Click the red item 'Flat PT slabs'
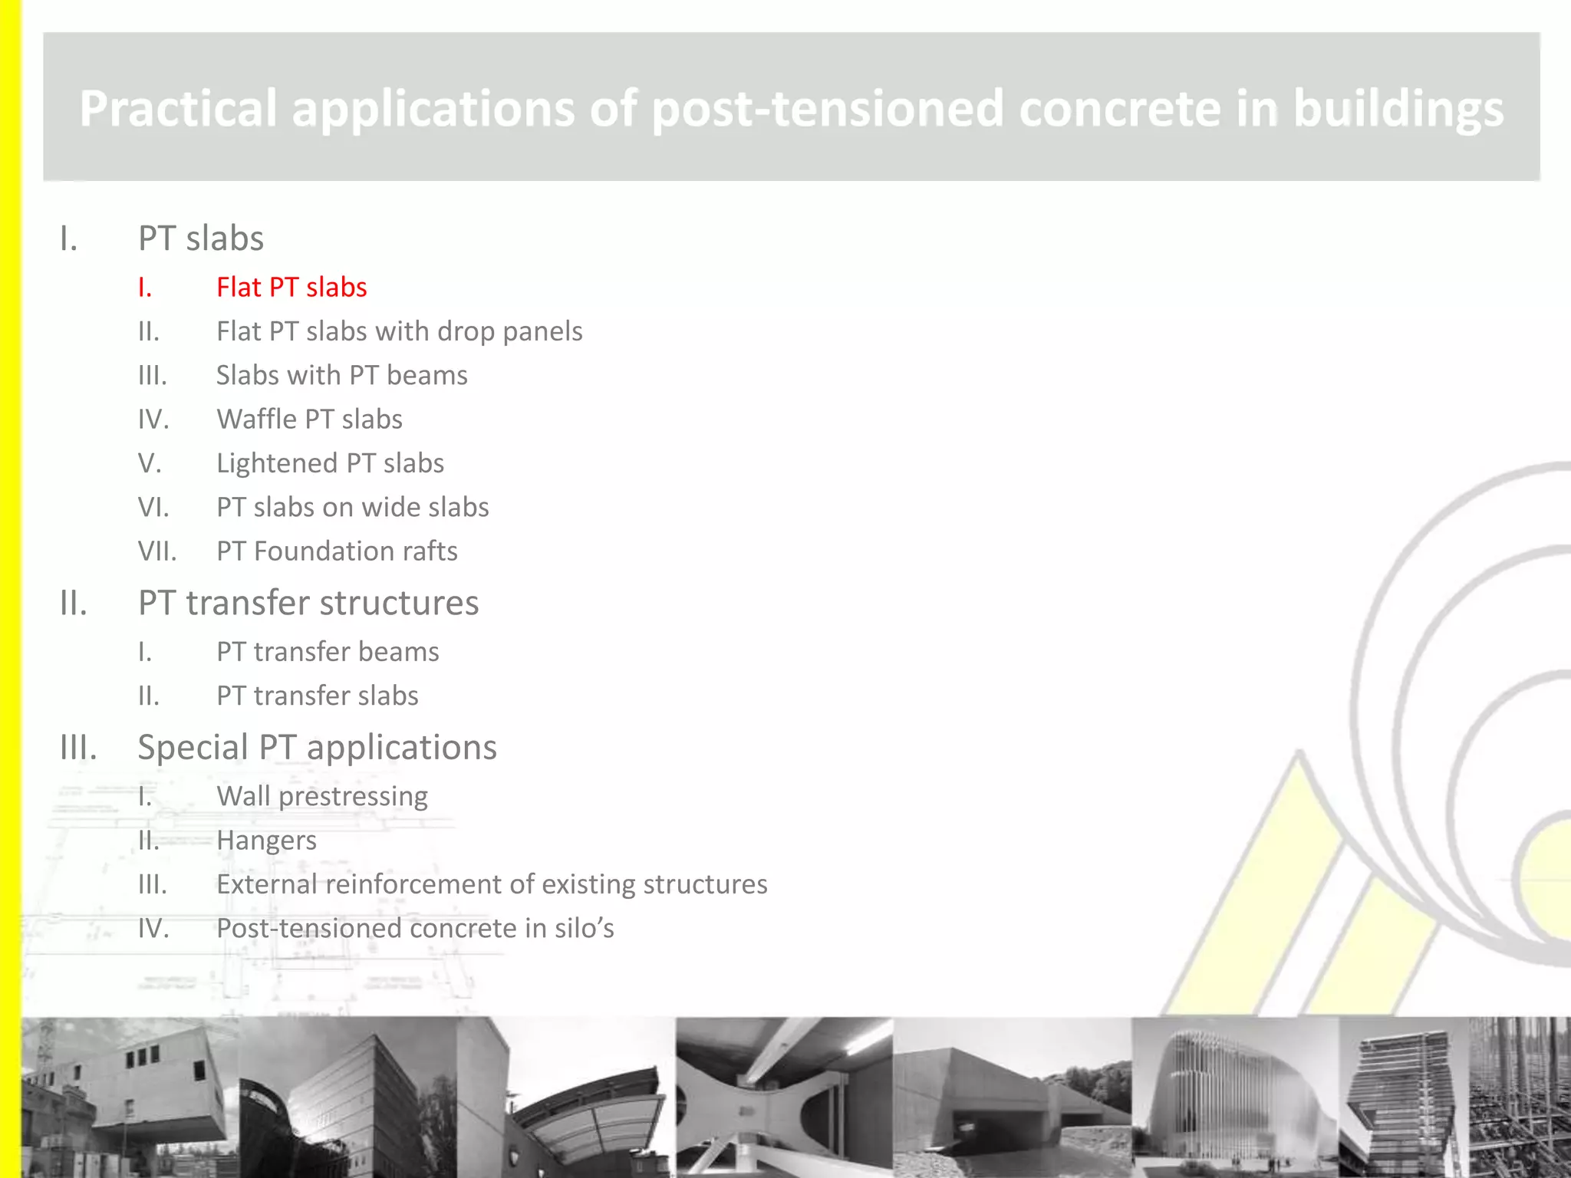point(291,288)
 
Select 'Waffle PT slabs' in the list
point(309,420)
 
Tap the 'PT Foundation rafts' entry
point(337,551)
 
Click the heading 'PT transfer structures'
point(308,603)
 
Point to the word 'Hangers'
point(266,841)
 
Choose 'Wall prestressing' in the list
point(322,797)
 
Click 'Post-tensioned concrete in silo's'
point(415,929)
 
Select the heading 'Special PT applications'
point(317,748)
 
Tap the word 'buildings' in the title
point(1398,108)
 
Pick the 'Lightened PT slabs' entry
point(330,463)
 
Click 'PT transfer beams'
point(328,652)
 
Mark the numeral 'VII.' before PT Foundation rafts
point(157,551)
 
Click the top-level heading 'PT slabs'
point(201,239)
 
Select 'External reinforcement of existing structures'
point(492,884)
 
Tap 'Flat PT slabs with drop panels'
point(399,331)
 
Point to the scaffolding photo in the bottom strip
point(1519,1097)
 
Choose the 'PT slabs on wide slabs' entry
point(352,508)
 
